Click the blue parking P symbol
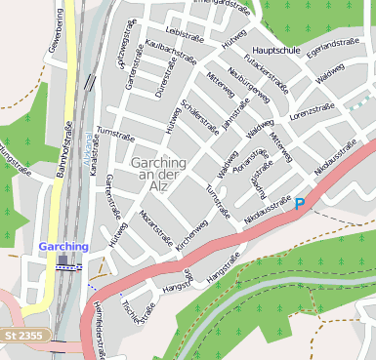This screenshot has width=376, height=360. (x=300, y=204)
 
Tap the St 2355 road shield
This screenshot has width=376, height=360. (x=22, y=335)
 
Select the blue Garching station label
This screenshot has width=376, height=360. (x=63, y=247)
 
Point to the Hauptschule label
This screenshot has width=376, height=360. (x=276, y=48)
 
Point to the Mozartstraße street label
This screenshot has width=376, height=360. (x=156, y=224)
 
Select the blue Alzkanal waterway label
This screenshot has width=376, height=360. (x=86, y=143)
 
